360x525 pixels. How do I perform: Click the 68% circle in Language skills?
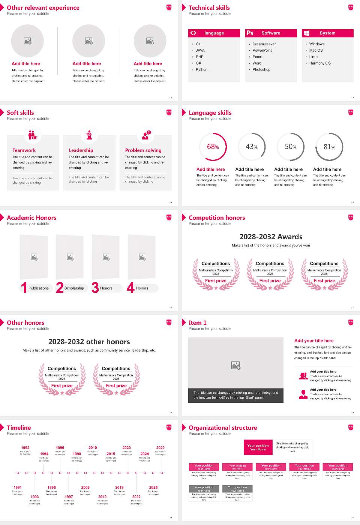[213, 147]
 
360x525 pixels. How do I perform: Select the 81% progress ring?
[329, 147]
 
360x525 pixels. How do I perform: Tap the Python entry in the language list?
[201, 69]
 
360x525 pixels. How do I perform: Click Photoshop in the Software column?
[261, 69]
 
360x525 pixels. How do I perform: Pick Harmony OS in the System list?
[320, 63]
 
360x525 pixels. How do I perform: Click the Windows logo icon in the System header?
[306, 33]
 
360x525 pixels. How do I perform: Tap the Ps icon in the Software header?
[250, 33]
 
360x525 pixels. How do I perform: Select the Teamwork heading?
[24, 150]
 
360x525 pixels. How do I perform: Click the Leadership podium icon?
[89, 135]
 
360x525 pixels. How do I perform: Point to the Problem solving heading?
[143, 150]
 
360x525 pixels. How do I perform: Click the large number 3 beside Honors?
[95, 288]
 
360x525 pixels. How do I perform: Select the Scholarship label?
[74, 288]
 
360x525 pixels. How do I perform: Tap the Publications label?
[39, 288]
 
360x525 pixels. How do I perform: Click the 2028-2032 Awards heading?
[271, 237]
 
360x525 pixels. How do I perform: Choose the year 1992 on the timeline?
[25, 447]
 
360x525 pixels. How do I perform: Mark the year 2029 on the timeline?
[160, 447]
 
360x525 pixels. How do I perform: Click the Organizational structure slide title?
[223, 427]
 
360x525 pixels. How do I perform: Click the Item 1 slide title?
[197, 322]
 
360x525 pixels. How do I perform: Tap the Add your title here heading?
[314, 340]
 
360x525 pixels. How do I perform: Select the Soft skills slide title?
[20, 112]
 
